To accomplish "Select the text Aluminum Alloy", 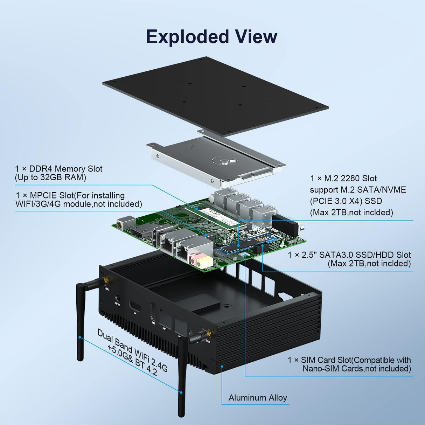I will (x=258, y=398).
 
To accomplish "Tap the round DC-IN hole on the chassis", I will (x=118, y=299).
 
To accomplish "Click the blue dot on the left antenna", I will (x=80, y=337).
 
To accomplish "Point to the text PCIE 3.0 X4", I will (x=337, y=201).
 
